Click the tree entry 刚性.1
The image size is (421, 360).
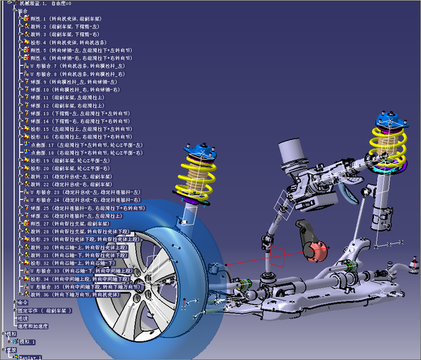(63, 19)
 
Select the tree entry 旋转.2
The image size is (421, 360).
(63, 27)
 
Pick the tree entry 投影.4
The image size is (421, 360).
(63, 42)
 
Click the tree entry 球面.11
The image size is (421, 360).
(63, 97)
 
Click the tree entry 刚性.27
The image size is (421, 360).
(63, 223)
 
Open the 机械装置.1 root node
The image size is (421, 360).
(42, 4)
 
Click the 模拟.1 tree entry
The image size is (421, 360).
(25, 342)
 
